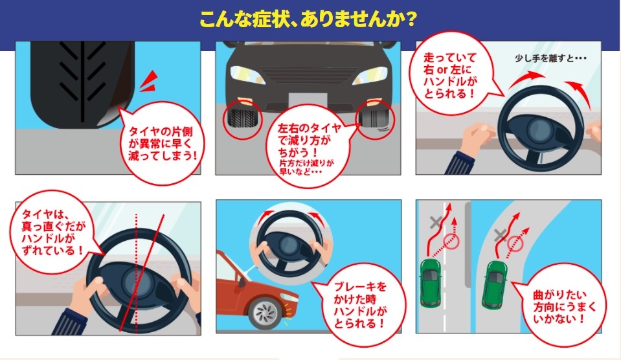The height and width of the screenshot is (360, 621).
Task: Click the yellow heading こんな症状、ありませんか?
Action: click(308, 19)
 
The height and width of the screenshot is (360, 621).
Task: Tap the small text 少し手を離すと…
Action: click(550, 58)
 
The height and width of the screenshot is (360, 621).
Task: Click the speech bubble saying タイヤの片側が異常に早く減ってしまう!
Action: click(163, 142)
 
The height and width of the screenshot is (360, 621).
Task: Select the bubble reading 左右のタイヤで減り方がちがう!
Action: click(308, 148)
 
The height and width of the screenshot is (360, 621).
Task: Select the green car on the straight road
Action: click(431, 283)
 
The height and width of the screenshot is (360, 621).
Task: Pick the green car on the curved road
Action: click(494, 284)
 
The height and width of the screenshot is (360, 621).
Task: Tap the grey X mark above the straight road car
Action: click(436, 222)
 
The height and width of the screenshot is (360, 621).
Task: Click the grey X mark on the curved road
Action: click(501, 235)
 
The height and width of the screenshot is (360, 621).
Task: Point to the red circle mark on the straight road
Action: click(451, 242)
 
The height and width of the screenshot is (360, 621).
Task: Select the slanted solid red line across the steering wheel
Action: click(142, 273)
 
